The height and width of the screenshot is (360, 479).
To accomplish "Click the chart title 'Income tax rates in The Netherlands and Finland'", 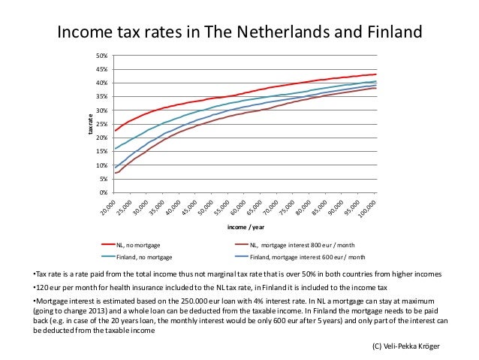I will click(240, 32).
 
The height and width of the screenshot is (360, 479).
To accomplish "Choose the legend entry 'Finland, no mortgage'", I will click(146, 256).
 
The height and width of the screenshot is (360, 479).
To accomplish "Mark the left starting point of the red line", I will click(115, 131).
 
